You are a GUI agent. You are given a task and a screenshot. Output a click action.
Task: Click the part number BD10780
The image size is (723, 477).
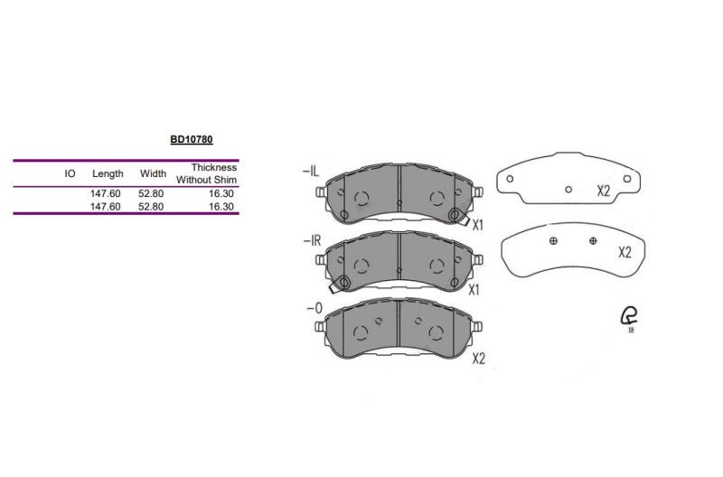[192, 139]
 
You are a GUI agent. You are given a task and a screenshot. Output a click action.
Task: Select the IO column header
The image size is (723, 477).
[70, 173]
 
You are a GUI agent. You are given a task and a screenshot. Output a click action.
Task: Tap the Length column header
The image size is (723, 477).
[108, 173]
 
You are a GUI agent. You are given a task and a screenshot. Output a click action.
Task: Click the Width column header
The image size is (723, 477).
[153, 173]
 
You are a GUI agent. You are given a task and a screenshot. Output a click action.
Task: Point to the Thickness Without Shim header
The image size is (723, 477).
[207, 173]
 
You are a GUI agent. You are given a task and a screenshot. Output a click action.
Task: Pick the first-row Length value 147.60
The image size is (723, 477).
[105, 193]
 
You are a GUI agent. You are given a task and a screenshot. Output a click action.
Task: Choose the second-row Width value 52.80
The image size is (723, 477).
[151, 207]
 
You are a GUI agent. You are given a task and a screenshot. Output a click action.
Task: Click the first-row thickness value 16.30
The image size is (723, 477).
[221, 193]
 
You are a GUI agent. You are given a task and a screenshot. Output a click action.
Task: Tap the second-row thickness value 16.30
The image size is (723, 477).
[221, 207]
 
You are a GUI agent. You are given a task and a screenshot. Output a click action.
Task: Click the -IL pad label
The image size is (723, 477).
[311, 172]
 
